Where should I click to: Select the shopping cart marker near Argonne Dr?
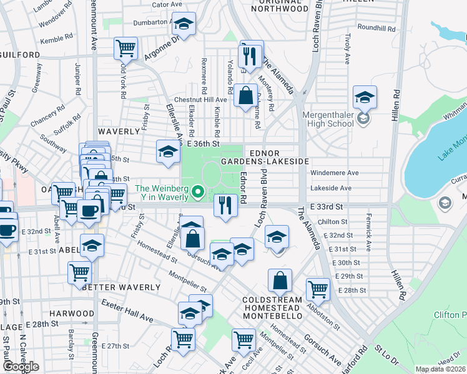coord(125,47)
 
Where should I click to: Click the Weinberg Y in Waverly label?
coord(162,193)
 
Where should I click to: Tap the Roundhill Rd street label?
coord(377,28)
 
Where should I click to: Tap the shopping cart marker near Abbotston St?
coord(318,289)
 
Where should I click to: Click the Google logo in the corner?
coord(21,367)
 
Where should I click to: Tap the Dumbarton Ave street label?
coord(152,22)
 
